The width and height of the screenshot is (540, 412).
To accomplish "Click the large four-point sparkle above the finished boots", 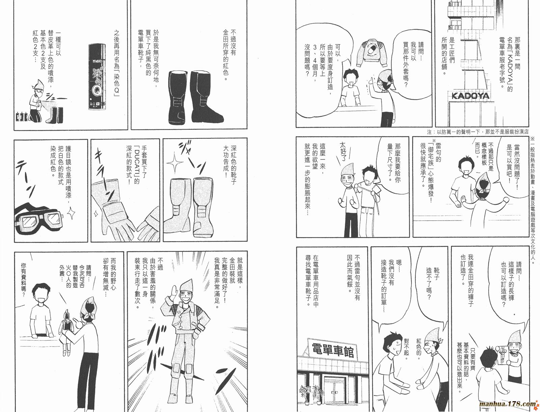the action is coord(174,163).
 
